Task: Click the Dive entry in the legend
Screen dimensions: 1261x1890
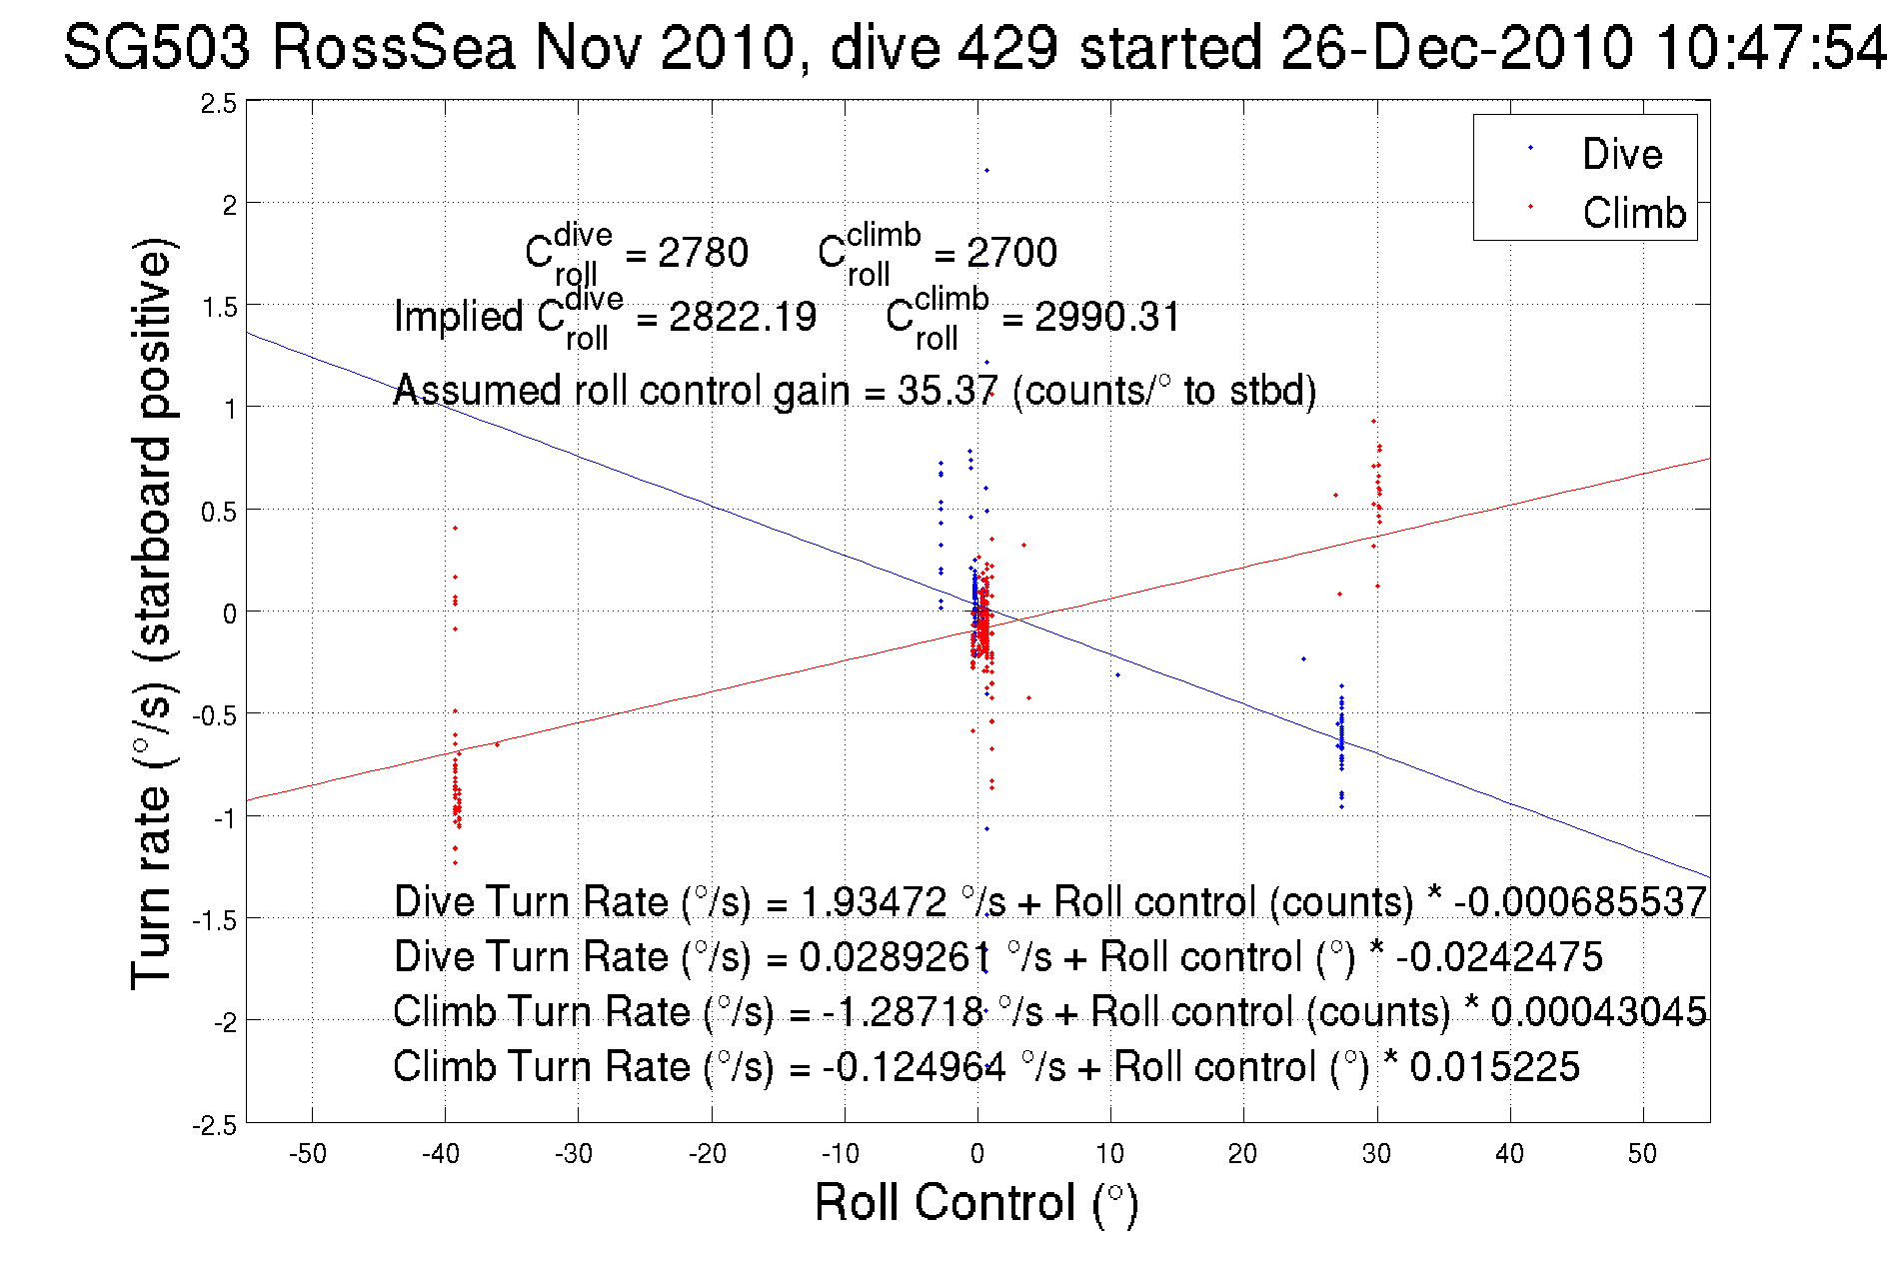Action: coord(1621,154)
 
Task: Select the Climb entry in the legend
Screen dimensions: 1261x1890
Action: coord(1633,213)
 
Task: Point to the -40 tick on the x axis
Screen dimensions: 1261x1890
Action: coord(441,1154)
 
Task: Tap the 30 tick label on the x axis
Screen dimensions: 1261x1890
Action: coord(1376,1154)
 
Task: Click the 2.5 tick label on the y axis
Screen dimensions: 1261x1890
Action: coord(219,104)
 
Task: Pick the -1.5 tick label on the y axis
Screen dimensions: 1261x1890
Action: coord(215,920)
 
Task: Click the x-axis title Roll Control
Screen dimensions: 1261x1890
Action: coord(975,1202)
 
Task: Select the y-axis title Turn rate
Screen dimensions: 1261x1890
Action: coord(151,614)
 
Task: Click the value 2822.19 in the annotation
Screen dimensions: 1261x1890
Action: coord(742,317)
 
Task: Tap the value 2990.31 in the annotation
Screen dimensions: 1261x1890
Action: coord(1107,317)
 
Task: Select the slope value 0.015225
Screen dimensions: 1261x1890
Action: coord(1494,1066)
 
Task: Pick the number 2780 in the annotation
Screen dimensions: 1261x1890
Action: coord(703,253)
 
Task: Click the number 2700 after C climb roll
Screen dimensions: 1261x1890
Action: coord(1011,253)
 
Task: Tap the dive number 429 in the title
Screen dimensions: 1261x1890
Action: coord(1007,47)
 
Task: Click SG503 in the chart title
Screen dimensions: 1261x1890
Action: coord(156,47)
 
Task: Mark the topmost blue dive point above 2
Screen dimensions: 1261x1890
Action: coord(986,170)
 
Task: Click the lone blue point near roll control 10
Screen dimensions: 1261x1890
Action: coord(1117,675)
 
